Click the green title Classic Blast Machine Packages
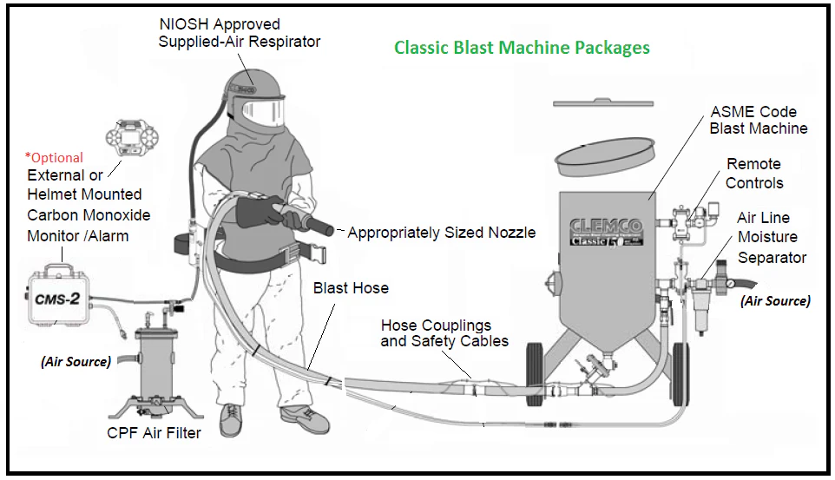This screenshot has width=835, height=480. [x=522, y=47]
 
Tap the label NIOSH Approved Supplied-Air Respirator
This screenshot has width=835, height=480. [x=239, y=33]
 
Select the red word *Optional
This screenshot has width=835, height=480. [x=55, y=158]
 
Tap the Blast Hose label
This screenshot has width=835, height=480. [x=351, y=288]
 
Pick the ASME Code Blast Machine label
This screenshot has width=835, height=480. [x=758, y=121]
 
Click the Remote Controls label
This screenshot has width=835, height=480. [x=753, y=174]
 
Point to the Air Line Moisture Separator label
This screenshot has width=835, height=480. [x=772, y=238]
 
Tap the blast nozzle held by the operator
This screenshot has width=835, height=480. [x=316, y=227]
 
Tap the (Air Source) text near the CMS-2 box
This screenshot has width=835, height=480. [x=76, y=361]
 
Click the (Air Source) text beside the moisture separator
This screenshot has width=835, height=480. [x=775, y=301]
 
